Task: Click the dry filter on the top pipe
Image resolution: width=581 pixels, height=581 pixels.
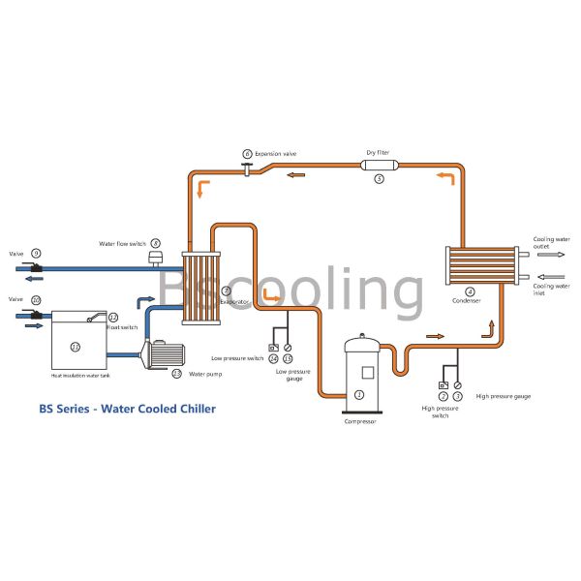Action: pos(379,166)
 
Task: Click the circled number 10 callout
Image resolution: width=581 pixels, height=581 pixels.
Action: pos(36,300)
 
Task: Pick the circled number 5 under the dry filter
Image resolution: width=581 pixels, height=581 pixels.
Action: pos(379,179)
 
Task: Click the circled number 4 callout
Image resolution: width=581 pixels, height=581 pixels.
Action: pos(470,291)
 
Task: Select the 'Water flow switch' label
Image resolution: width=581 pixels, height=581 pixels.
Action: pos(123,243)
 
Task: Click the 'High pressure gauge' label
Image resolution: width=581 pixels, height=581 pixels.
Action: pos(503,396)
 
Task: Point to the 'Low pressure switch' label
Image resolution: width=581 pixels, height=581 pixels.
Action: pos(237,358)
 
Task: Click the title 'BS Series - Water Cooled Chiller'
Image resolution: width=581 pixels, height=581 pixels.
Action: pos(127,409)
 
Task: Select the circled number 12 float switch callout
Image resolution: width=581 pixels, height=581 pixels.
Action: pos(112,318)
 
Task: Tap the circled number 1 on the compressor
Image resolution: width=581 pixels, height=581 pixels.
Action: pos(359,394)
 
